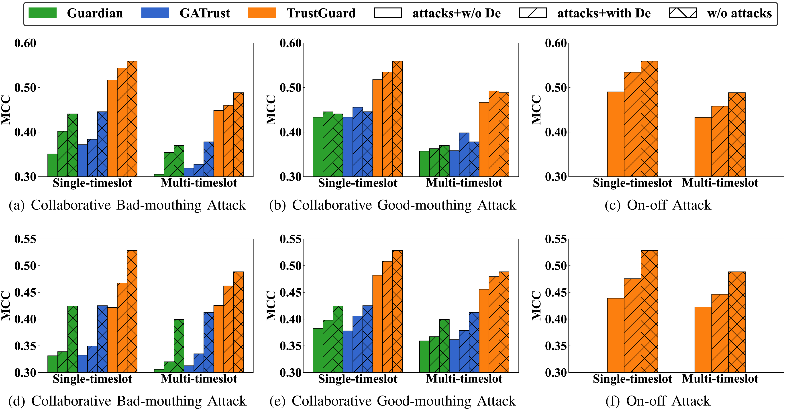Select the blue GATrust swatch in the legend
(x=155, y=13)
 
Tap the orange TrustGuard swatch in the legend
(x=262, y=13)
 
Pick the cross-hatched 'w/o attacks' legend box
(x=683, y=13)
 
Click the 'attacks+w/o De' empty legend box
(x=388, y=13)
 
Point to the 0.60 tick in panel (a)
(x=25, y=43)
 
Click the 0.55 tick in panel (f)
(x=556, y=239)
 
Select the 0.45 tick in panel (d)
(x=25, y=293)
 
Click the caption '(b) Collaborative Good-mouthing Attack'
(x=392, y=205)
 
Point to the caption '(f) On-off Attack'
(x=658, y=401)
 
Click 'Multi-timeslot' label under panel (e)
(x=464, y=379)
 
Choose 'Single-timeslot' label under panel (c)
(x=632, y=183)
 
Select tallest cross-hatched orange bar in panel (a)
(x=132, y=119)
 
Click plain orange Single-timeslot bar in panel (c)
(x=615, y=134)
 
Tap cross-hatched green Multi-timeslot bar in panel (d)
(x=179, y=346)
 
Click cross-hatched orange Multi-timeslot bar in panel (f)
(x=737, y=322)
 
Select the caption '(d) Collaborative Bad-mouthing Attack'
(x=127, y=401)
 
